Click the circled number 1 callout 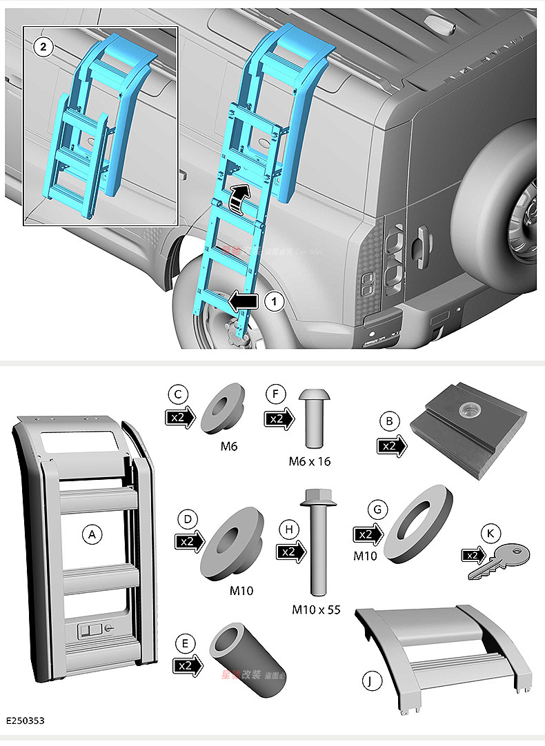274,301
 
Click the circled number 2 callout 43,46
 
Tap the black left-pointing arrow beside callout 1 244,301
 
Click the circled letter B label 390,421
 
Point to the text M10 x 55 316,609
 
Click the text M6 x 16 309,461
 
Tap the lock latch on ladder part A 92,629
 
